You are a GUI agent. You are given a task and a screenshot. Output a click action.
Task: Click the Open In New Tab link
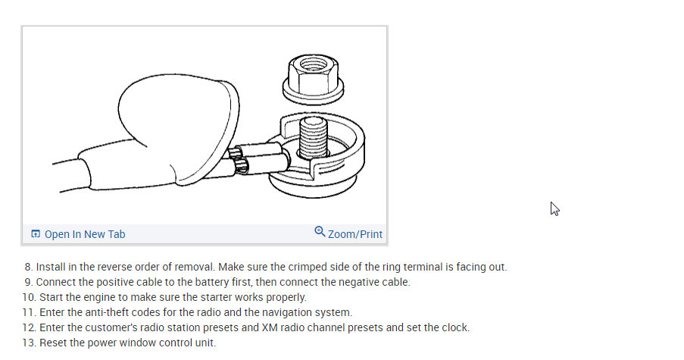point(85,234)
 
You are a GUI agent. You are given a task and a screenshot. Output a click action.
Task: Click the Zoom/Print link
point(355,234)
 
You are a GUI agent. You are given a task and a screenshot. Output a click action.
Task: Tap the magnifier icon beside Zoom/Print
point(320,232)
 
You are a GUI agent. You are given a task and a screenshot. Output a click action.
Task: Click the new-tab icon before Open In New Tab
point(36,234)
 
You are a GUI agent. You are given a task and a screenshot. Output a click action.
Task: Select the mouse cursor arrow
point(554,208)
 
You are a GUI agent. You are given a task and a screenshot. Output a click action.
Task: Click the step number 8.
point(28,268)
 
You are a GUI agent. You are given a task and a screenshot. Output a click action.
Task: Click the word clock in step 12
point(454,328)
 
